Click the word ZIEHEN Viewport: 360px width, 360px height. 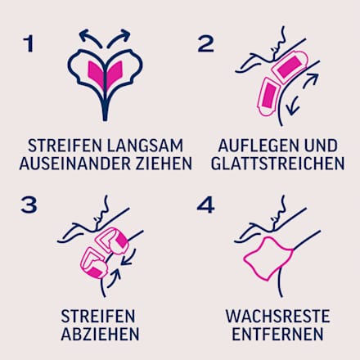click(x=164, y=163)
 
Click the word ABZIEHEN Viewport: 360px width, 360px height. click(x=100, y=334)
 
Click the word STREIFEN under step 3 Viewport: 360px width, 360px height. click(x=100, y=316)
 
